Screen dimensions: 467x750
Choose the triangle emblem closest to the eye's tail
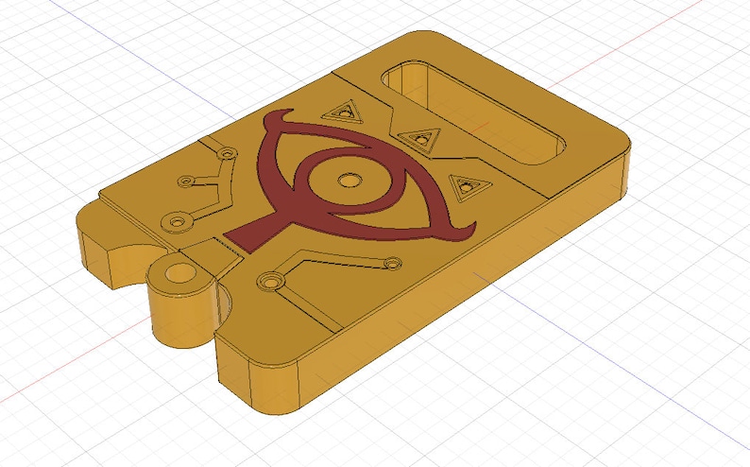point(463,187)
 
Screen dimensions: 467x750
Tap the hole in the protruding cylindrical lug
point(179,279)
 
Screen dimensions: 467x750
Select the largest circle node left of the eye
point(175,222)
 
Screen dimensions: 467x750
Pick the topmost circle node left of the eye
point(226,153)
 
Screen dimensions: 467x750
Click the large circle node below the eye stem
point(273,282)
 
